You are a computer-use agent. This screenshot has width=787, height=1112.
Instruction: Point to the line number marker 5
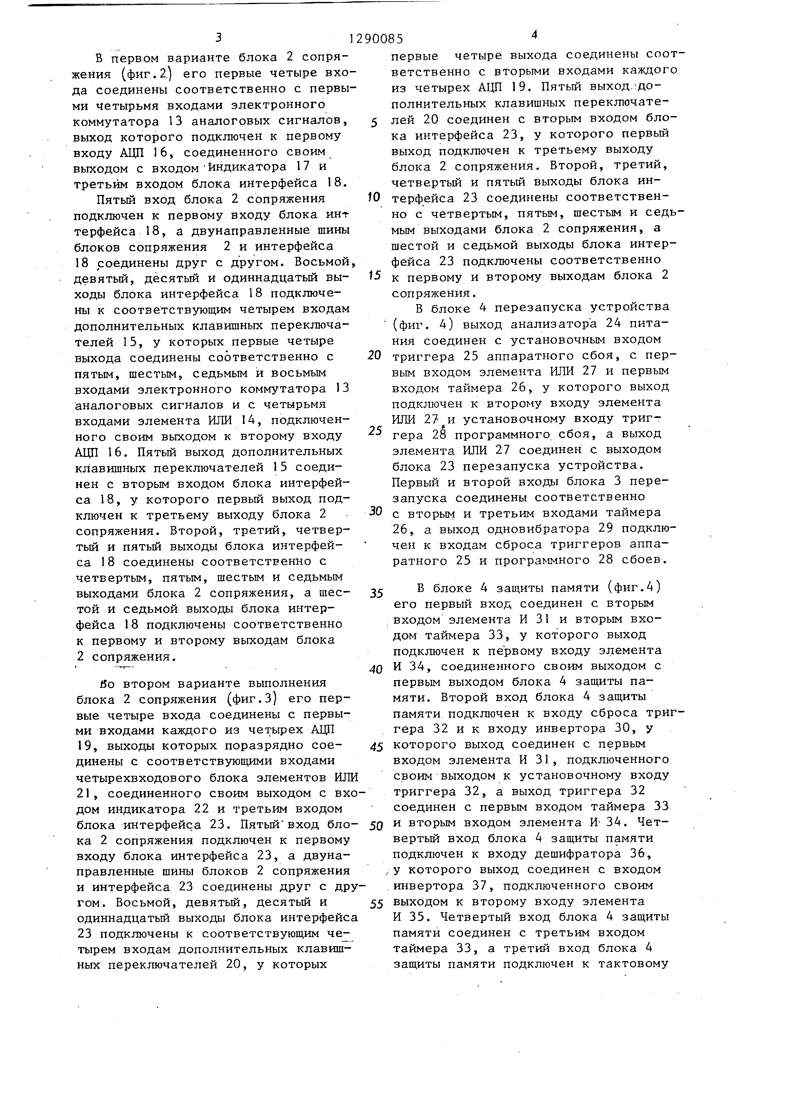tap(374, 123)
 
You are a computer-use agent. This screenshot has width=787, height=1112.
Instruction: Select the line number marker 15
tap(374, 276)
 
